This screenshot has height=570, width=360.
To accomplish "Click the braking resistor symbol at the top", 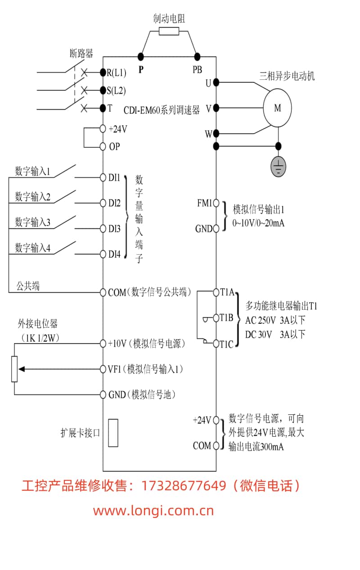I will (169, 31).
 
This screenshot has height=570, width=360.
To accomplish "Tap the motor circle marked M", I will (277, 108).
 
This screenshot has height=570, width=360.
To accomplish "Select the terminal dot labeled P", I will (141, 56).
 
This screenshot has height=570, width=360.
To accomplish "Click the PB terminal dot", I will (197, 56).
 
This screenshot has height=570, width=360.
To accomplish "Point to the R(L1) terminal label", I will (116, 72).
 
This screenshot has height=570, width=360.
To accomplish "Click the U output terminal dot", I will (216, 82).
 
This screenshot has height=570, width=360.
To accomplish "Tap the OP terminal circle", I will (103, 146).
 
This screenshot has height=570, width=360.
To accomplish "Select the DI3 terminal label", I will (114, 229).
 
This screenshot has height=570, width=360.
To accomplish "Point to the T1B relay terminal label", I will (226, 318).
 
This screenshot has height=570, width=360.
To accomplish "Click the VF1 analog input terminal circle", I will (103, 369).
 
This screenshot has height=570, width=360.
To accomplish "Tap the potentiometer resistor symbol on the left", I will (14, 369).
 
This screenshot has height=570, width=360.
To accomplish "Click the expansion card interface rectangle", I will (113, 433).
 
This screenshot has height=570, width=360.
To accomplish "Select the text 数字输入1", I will (33, 172).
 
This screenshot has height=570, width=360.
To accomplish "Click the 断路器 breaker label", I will (81, 54).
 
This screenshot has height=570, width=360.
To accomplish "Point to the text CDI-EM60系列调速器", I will (162, 110).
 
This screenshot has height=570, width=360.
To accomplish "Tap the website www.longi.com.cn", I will (153, 511).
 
